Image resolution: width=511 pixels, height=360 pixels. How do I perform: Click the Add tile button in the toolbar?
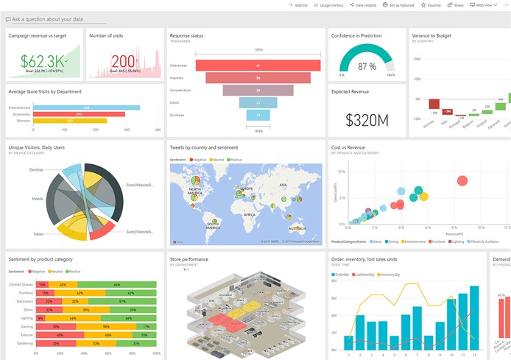(297, 5)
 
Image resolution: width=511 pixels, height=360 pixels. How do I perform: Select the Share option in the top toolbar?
(457, 5)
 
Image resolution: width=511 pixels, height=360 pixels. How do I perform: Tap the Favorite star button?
(431, 5)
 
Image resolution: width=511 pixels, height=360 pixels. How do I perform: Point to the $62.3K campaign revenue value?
(42, 60)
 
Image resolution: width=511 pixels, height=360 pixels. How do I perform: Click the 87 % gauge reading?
(367, 66)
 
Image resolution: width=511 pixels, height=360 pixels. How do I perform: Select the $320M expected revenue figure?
(366, 120)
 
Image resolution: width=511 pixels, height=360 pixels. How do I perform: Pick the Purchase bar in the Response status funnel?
(258, 115)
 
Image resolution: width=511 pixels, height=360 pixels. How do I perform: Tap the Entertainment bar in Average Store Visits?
(86, 107)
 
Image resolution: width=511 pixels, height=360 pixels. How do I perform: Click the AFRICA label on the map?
(250, 214)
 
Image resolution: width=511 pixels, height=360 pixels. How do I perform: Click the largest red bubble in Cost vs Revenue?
(462, 180)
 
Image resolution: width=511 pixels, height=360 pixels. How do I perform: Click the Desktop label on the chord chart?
(35, 169)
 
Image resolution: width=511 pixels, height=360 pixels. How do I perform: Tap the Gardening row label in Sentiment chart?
(21, 343)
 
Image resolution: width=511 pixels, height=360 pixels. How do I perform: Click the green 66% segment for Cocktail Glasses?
(116, 284)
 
